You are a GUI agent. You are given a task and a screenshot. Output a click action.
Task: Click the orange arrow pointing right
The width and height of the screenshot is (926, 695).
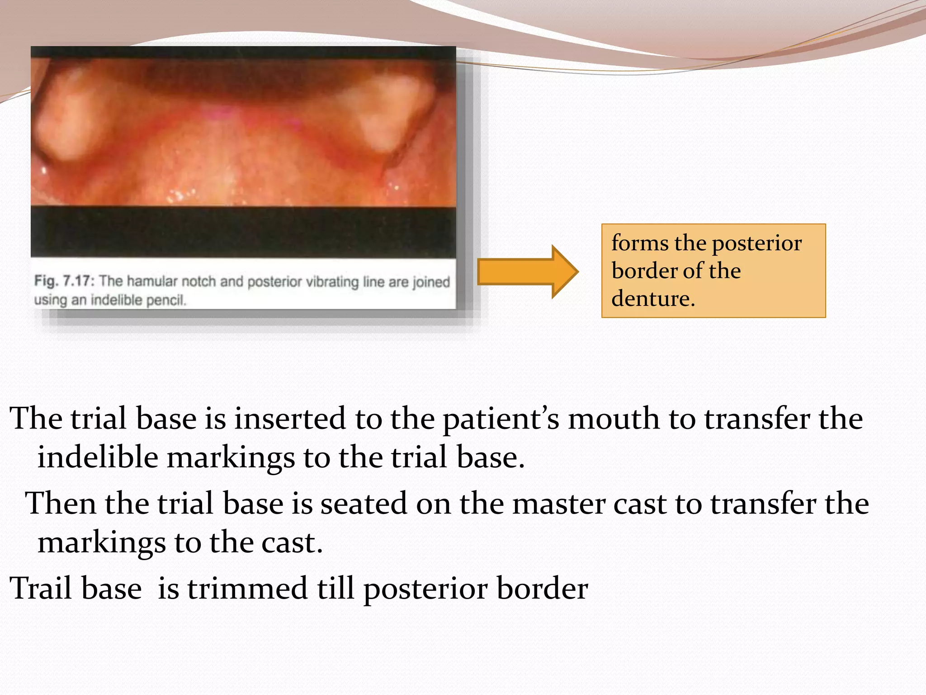click(527, 271)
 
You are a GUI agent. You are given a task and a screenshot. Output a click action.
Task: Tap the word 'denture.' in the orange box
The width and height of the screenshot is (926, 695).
click(653, 299)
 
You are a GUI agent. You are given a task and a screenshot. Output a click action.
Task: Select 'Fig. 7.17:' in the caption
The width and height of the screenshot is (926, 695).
click(64, 281)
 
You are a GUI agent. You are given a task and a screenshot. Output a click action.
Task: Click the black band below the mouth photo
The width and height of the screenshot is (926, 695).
click(243, 232)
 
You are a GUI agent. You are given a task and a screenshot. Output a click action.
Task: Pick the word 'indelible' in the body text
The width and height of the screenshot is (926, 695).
click(97, 457)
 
